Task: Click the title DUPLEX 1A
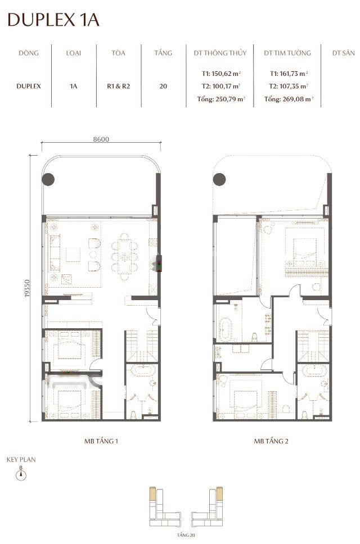[53, 20]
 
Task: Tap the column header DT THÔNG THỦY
[220, 53]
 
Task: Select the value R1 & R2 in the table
[118, 86]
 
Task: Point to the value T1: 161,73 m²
[289, 74]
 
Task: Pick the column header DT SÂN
[343, 53]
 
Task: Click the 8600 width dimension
[101, 139]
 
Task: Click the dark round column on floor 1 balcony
[48, 179]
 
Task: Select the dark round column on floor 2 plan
[219, 179]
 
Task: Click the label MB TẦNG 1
[101, 441]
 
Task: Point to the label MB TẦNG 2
[271, 441]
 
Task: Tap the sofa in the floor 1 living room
[55, 253]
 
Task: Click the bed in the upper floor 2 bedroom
[305, 249]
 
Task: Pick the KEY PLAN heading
[21, 459]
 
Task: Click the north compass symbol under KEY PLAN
[21, 474]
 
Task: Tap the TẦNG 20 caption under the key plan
[186, 534]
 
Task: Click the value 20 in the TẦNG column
[163, 86]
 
